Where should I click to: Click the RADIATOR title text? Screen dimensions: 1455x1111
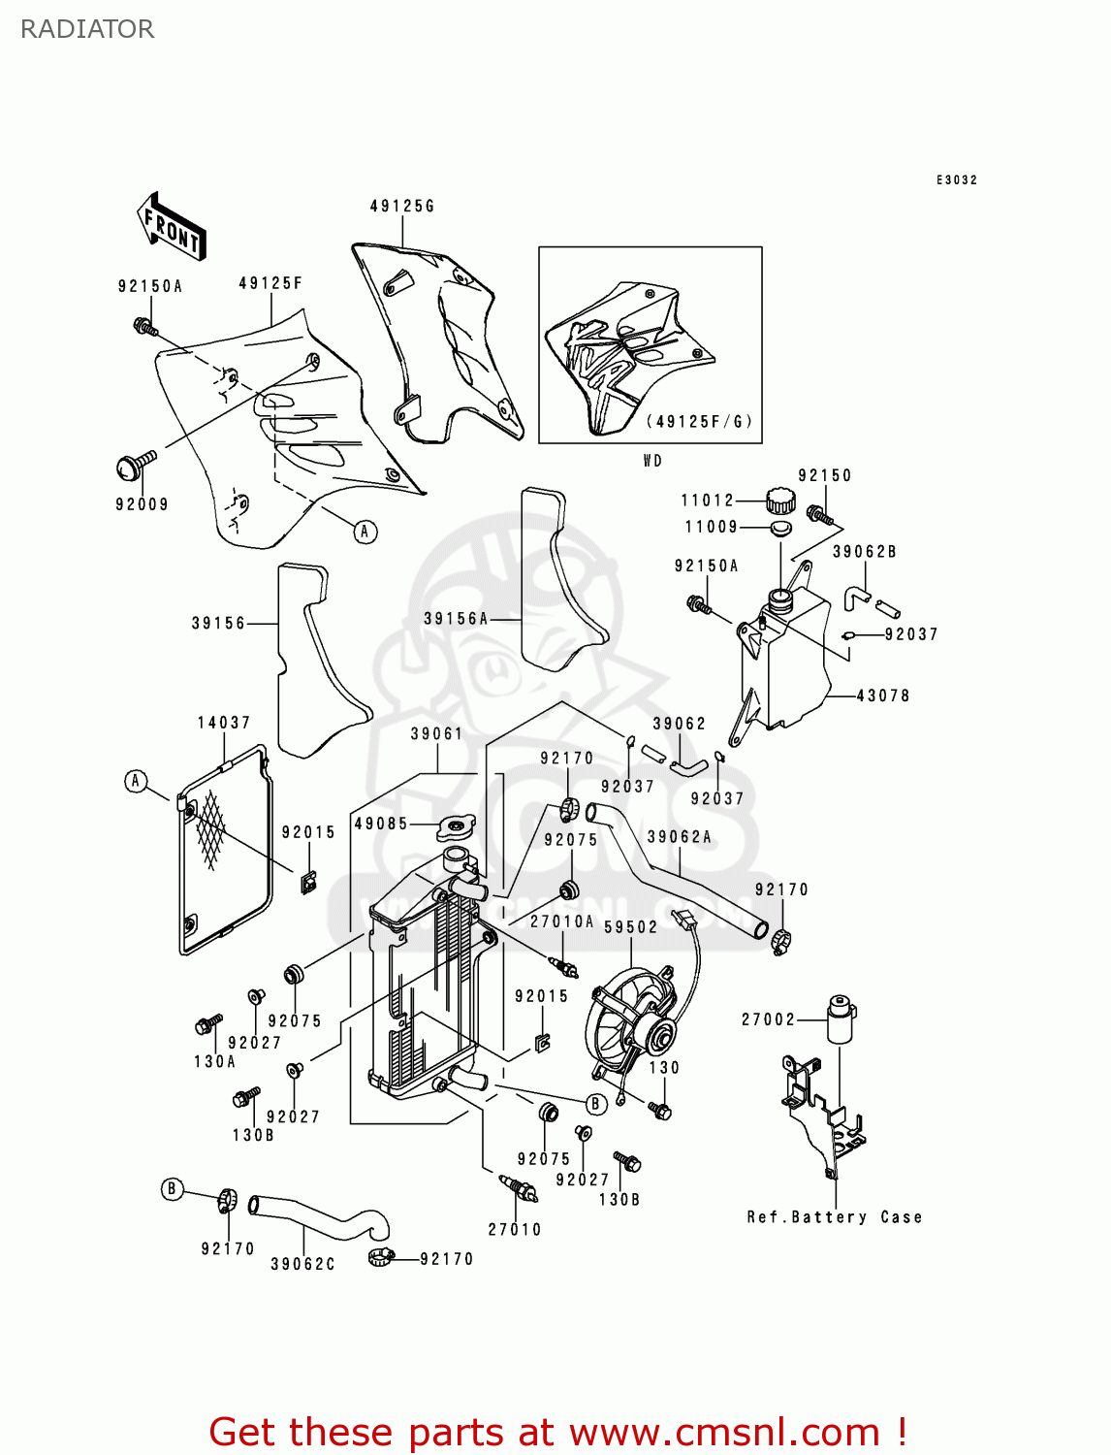point(87,29)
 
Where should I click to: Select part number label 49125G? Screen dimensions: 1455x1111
point(402,206)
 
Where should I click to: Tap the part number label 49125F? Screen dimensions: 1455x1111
point(270,283)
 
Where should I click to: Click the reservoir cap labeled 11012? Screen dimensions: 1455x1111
point(779,501)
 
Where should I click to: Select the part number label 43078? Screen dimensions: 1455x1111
point(882,695)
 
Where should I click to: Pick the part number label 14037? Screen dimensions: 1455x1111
point(224,723)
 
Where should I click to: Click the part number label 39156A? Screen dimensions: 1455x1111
point(456,619)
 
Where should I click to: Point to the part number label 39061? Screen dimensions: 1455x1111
point(436,734)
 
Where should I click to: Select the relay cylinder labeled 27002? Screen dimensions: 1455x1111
point(840,1018)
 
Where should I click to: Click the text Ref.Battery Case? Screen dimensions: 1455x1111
point(834,1217)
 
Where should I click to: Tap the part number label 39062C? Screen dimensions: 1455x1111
point(302,1264)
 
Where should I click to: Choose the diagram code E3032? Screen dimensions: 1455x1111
point(956,179)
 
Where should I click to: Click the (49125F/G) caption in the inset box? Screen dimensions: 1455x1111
point(698,422)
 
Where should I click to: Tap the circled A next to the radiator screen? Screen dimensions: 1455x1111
point(136,781)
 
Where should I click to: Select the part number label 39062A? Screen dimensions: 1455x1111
point(679,837)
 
